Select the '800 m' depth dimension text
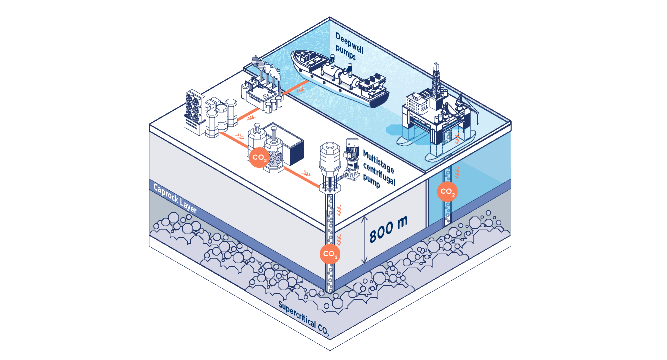(x=389, y=229)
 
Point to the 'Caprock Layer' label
(x=175, y=198)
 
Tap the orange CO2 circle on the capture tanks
(x=259, y=157)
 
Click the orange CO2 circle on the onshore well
(x=330, y=254)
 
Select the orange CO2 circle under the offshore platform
(x=447, y=192)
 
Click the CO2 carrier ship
(x=340, y=78)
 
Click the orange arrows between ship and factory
(x=301, y=90)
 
